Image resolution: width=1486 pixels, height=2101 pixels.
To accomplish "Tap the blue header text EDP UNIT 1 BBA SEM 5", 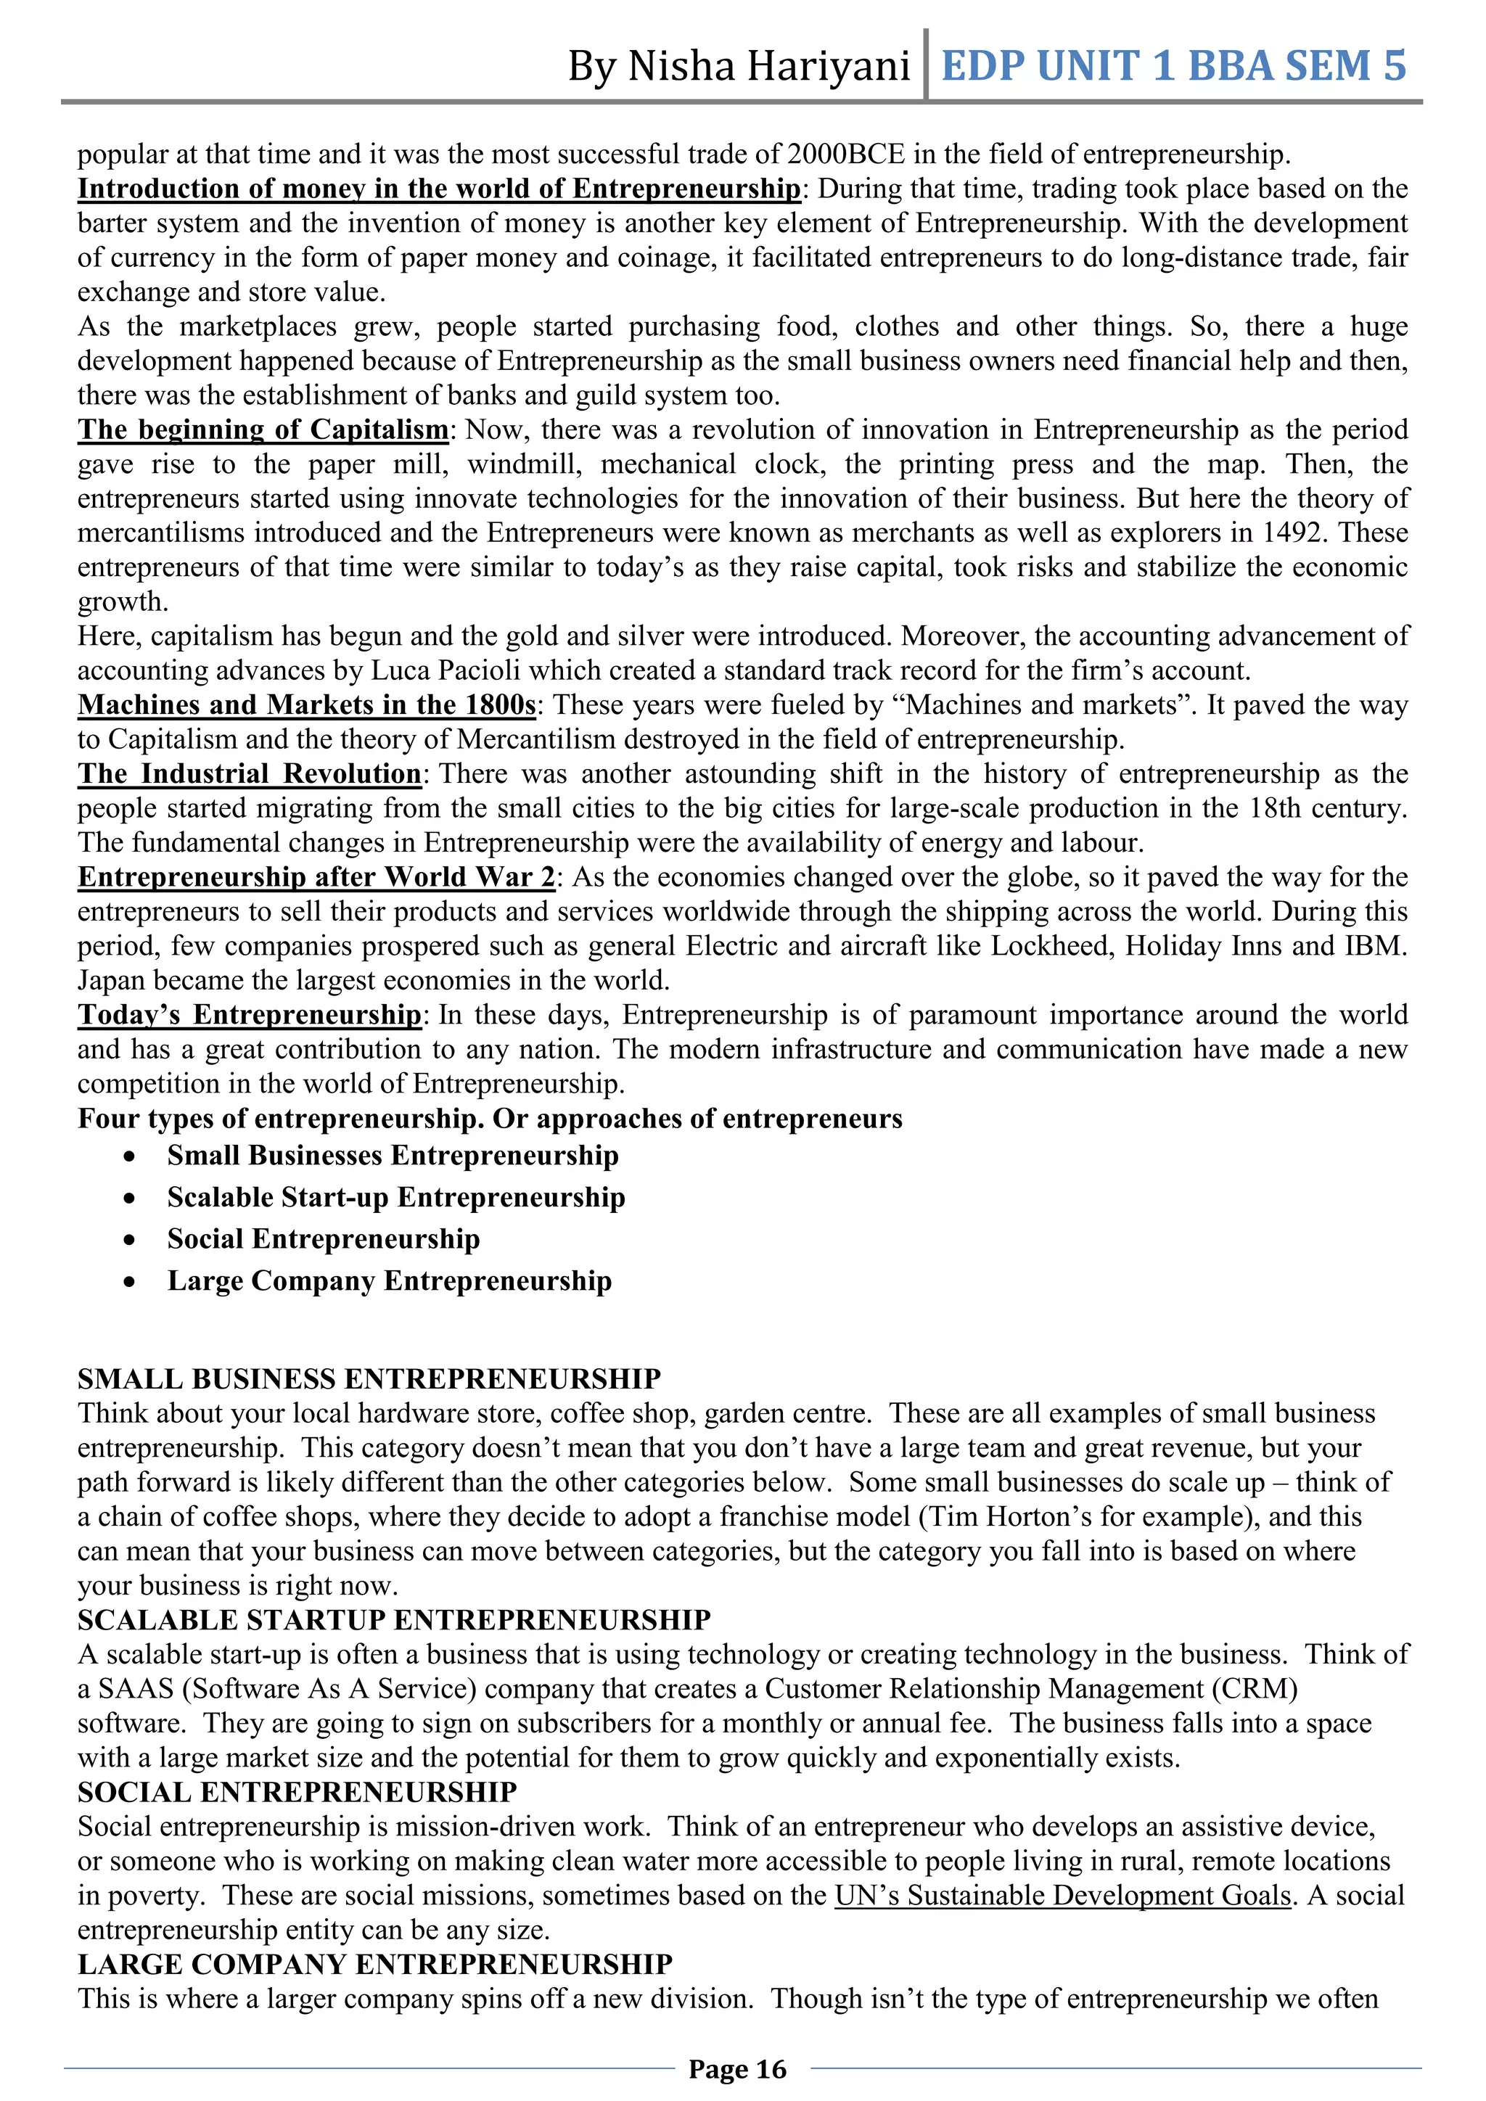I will tap(1173, 66).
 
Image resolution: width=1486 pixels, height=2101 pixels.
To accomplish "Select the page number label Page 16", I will tap(737, 2069).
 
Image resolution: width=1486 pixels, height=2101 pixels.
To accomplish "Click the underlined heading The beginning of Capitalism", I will tap(263, 429).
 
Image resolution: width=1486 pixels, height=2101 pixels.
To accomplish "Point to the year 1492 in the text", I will tap(1293, 533).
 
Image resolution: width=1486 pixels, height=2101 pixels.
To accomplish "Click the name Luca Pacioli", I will tap(445, 671).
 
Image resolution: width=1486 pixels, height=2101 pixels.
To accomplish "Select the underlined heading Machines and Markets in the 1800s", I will tap(306, 704).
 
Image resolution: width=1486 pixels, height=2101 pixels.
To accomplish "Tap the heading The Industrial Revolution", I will tap(249, 773).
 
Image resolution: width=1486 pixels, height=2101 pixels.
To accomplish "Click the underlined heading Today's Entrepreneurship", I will tap(249, 1015).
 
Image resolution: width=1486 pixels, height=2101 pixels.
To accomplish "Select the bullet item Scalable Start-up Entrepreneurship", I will tap(396, 1197).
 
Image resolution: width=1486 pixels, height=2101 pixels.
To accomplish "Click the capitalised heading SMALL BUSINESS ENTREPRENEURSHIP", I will tap(369, 1379).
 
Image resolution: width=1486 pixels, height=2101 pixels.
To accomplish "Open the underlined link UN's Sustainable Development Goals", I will tap(1062, 1895).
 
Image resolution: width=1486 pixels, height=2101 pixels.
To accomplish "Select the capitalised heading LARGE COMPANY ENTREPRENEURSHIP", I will tap(375, 1964).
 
